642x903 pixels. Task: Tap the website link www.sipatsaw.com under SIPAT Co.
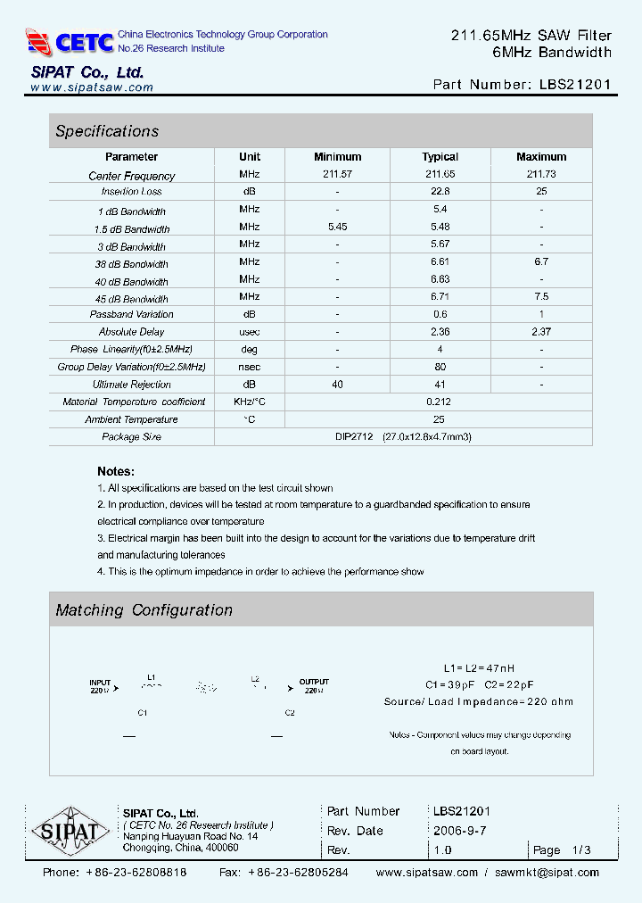(92, 87)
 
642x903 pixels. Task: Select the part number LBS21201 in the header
(575, 85)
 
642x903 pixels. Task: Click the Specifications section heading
(107, 131)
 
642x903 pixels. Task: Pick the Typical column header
(440, 157)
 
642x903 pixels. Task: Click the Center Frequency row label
(132, 176)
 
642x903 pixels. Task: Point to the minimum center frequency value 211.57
(337, 175)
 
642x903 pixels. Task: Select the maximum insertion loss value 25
(540, 192)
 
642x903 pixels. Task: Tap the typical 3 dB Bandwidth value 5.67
(440, 244)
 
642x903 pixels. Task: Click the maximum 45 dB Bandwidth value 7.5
(540, 297)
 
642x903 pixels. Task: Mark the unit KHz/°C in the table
(250, 402)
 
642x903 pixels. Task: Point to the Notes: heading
(116, 471)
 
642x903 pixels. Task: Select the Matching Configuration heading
(144, 610)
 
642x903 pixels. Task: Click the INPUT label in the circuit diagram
(100, 683)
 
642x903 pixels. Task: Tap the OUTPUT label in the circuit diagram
(314, 683)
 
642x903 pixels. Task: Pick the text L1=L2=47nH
(479, 668)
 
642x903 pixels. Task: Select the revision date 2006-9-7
(459, 831)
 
